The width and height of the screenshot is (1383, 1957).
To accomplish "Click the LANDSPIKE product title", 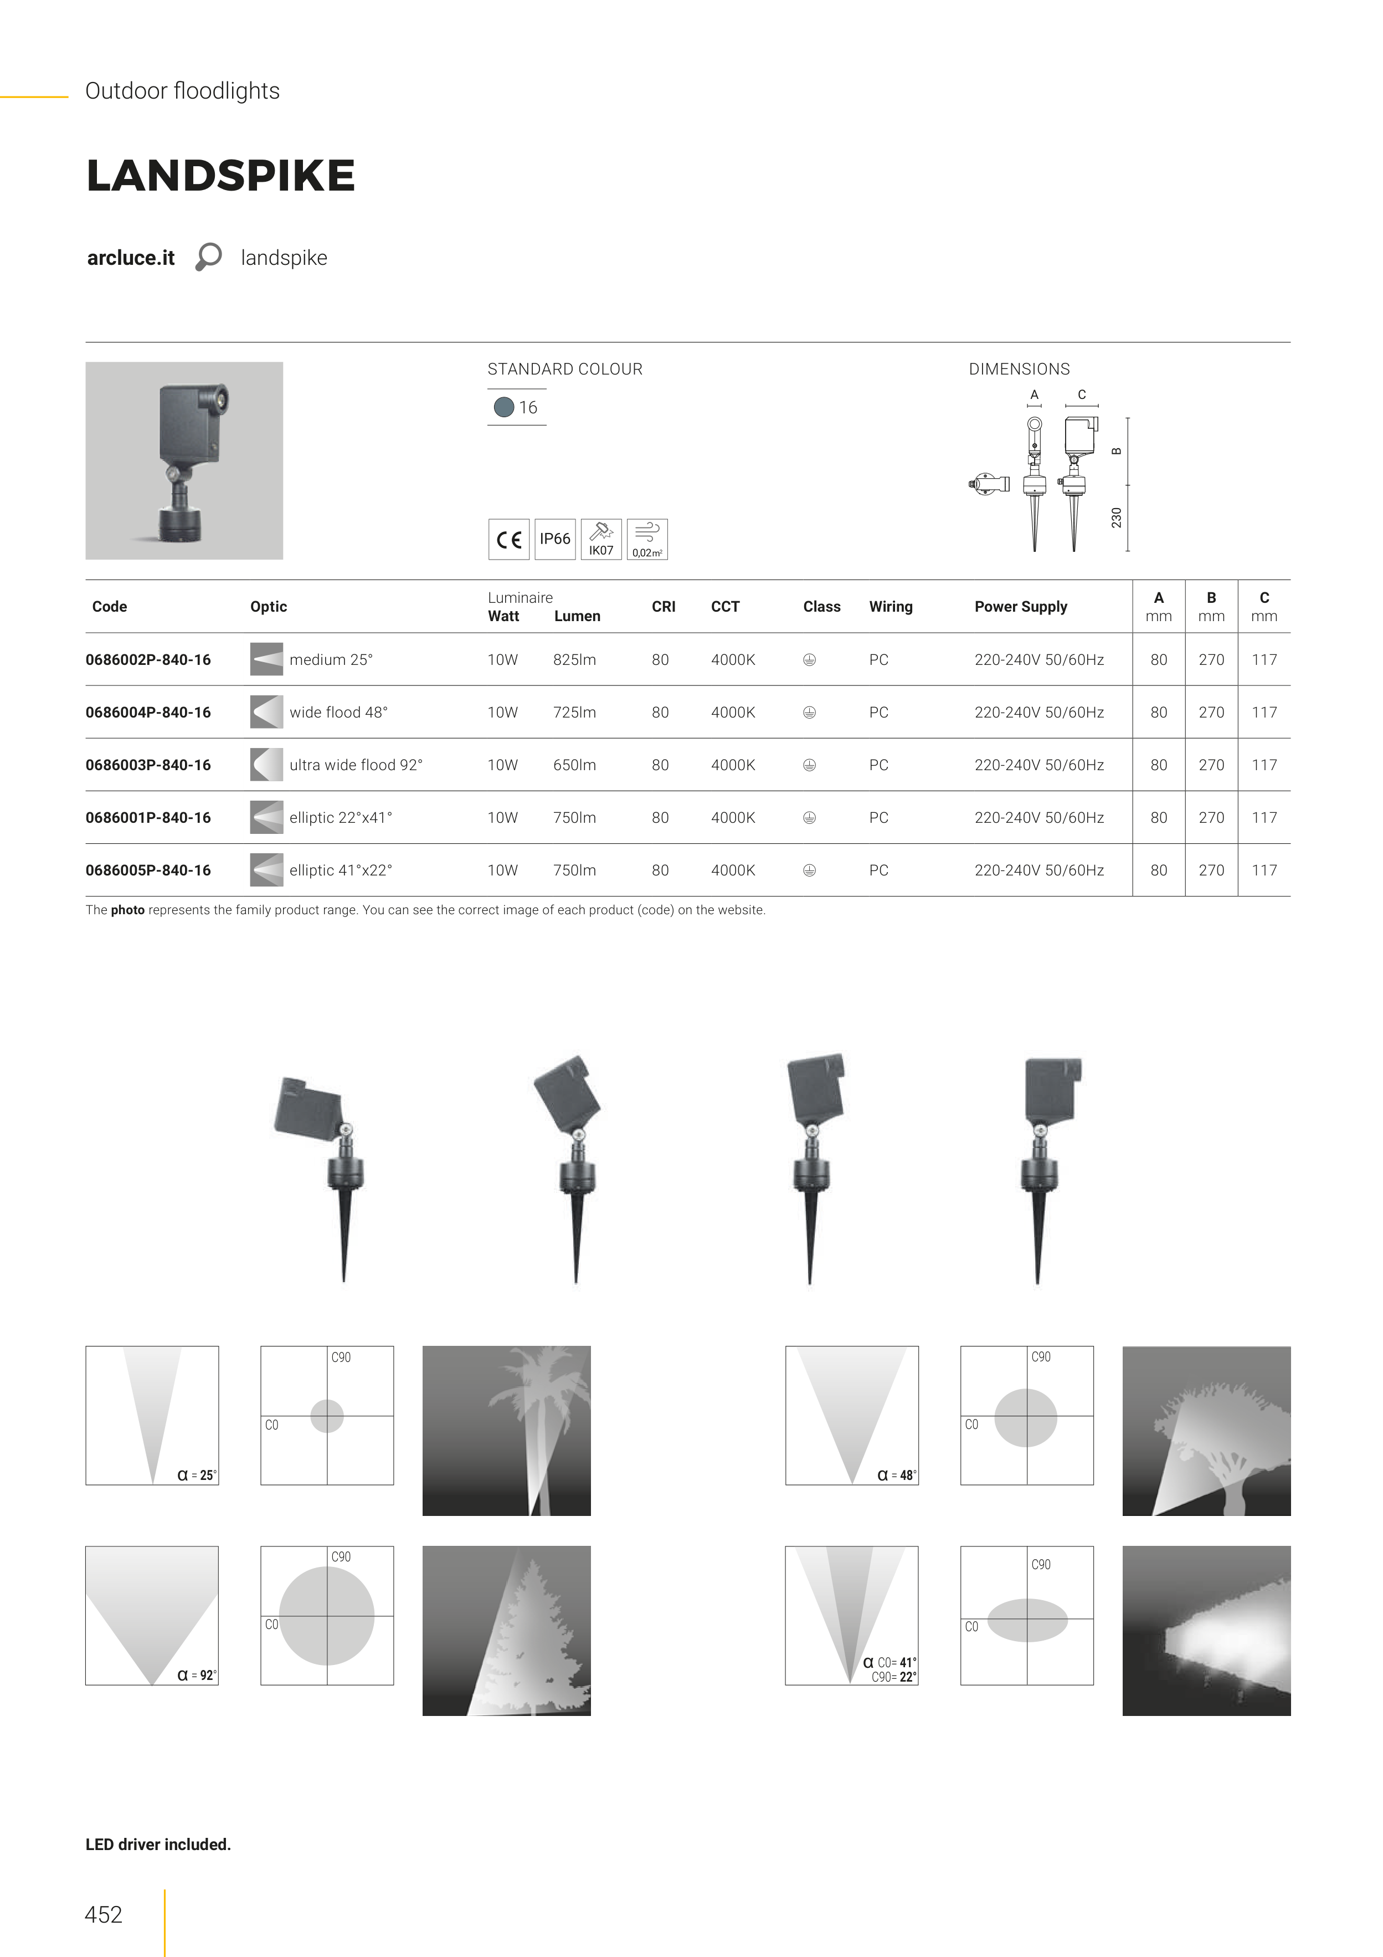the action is (220, 176).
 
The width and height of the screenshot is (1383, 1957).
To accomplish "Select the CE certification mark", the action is (508, 540).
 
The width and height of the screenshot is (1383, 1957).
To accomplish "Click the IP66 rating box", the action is (555, 540).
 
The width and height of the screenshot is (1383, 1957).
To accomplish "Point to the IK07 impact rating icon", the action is (601, 540).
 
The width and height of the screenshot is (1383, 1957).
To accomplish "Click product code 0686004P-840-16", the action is (148, 713).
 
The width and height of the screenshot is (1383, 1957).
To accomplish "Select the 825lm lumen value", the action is (574, 660).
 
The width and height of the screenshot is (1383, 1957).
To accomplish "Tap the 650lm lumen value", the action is (574, 765).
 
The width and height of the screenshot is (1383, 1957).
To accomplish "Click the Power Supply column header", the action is (1021, 607).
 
